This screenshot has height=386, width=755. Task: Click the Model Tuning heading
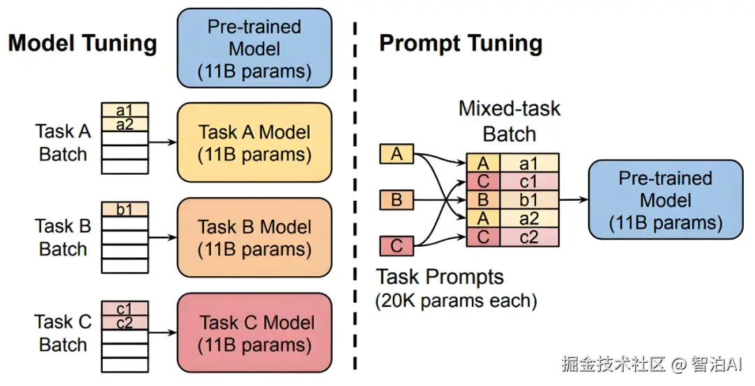(82, 43)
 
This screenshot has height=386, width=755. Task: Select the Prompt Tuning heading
(461, 43)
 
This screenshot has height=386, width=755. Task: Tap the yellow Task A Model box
(254, 142)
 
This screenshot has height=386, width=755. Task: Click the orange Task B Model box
(254, 238)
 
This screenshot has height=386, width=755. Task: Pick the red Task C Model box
(254, 333)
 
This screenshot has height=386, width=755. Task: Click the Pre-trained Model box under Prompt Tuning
(666, 199)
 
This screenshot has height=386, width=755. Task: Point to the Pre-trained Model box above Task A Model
(254, 48)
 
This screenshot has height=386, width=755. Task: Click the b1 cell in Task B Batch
(124, 209)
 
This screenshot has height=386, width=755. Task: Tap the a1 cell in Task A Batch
(124, 110)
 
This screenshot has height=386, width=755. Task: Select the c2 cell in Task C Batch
(124, 322)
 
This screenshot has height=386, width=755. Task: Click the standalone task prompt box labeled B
(396, 199)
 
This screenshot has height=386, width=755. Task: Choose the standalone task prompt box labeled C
(396, 245)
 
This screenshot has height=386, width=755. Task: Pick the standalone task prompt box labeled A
(396, 155)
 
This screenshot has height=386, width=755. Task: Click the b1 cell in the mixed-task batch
(529, 199)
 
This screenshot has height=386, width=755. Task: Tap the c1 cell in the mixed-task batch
(529, 181)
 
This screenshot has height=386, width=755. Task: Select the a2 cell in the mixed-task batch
(529, 218)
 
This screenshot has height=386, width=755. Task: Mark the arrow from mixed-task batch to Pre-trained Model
(573, 199)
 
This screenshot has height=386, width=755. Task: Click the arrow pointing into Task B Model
(163, 238)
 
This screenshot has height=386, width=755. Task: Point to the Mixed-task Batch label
(510, 121)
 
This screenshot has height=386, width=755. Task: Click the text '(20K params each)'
(456, 301)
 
